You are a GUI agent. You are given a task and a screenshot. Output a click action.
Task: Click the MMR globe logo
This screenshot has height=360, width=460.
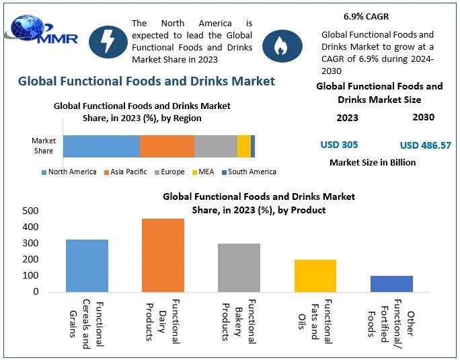(40, 33)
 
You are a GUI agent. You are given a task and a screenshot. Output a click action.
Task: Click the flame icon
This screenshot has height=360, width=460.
(278, 44)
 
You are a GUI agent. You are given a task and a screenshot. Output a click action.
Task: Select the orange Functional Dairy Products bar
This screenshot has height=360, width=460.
(163, 255)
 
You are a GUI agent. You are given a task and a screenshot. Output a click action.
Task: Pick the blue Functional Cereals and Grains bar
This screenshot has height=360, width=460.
(87, 265)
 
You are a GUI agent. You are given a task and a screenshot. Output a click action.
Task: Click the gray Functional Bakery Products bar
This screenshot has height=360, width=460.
(239, 267)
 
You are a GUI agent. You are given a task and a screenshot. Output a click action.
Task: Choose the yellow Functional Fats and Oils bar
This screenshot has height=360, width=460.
(315, 275)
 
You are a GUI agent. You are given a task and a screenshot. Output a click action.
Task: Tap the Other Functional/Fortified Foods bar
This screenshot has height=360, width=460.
(391, 283)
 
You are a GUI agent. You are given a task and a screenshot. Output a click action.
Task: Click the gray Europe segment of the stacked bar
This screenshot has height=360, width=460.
(215, 146)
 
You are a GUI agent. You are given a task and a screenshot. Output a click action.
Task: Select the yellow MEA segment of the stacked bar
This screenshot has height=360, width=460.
(243, 146)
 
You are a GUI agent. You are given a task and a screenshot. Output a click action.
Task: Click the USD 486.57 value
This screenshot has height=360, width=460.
(425, 145)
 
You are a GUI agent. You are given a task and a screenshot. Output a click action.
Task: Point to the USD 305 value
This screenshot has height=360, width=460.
(339, 145)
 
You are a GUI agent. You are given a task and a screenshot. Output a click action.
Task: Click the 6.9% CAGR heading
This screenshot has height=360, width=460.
(366, 15)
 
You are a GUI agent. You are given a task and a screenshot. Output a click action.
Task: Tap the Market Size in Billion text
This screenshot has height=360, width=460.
(373, 162)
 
